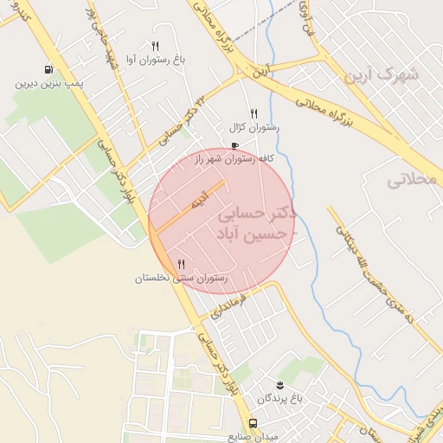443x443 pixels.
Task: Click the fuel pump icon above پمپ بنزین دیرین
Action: (48, 70)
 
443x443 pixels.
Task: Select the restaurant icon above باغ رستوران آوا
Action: (155, 46)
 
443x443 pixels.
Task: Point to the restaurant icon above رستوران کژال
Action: (254, 112)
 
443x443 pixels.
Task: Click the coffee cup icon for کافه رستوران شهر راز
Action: (234, 145)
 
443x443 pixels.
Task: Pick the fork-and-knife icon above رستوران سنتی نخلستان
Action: (181, 264)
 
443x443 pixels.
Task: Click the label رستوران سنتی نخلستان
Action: (181, 279)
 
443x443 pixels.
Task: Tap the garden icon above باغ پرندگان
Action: (279, 384)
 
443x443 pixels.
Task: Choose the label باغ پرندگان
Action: (279, 398)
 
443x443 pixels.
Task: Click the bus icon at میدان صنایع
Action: (254, 424)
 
